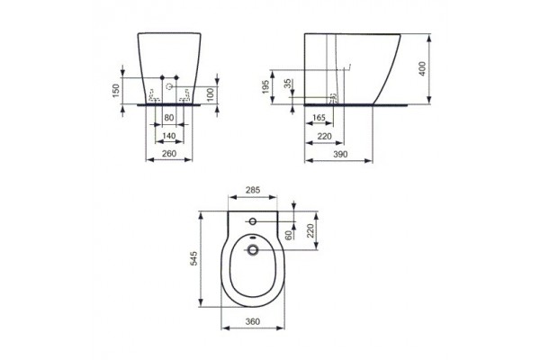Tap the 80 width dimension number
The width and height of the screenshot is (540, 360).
pyautogui.click(x=167, y=117)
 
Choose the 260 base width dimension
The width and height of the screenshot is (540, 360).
pyautogui.click(x=167, y=153)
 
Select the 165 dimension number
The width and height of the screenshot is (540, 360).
pyautogui.click(x=319, y=117)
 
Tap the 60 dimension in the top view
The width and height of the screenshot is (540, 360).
pyautogui.click(x=288, y=236)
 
